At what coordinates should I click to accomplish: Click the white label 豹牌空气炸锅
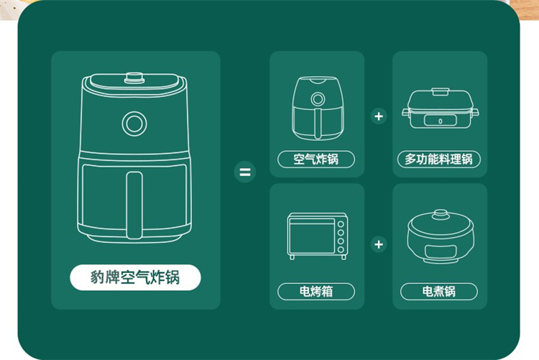point(135,277)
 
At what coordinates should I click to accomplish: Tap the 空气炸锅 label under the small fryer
point(316,160)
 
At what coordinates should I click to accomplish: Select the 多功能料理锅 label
point(438,160)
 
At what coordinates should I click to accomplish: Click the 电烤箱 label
point(316,292)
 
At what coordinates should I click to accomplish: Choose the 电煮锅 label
point(439,292)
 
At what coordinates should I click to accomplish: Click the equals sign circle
point(245,172)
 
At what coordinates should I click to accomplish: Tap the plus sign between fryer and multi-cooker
point(379,116)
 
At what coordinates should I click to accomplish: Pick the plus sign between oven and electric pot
point(379,244)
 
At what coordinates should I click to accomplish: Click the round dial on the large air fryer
point(134,124)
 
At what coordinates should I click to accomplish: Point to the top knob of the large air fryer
point(134,78)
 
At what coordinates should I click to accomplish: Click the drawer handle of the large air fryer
point(134,205)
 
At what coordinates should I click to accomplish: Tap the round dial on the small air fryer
point(318,99)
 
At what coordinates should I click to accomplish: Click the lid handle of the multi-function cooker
point(441,91)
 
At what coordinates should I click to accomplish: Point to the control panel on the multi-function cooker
point(441,120)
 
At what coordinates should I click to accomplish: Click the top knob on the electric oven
point(341,224)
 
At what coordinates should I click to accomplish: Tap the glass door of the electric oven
point(312,236)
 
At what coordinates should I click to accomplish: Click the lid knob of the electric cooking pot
point(441,215)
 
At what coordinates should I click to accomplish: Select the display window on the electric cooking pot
point(441,251)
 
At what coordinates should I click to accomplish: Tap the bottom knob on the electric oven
point(341,249)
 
